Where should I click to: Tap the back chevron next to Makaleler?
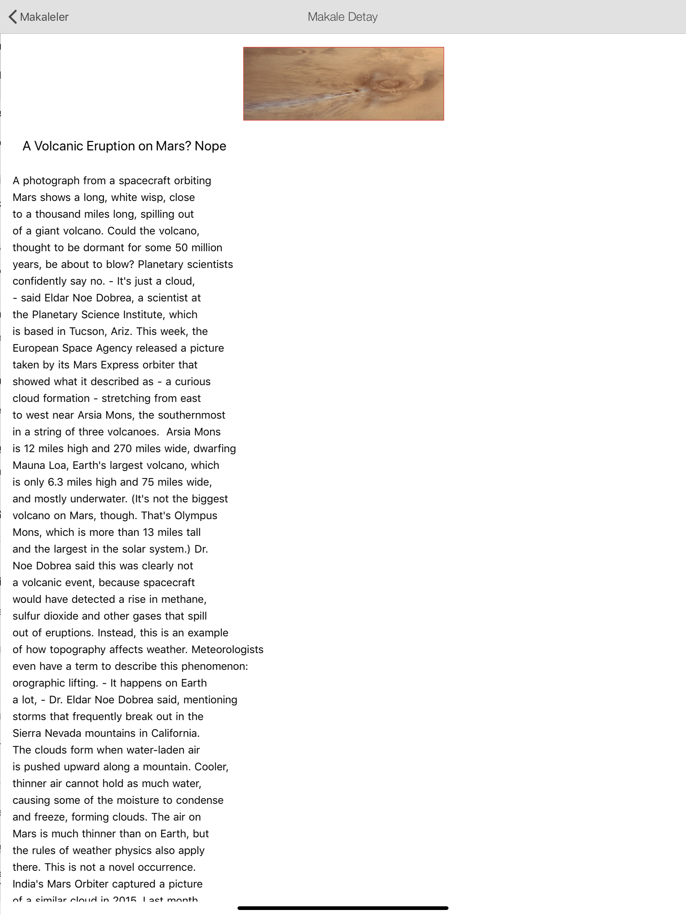point(13,17)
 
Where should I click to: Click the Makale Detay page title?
point(342,17)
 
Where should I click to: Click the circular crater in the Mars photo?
point(388,84)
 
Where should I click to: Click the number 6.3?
point(56,482)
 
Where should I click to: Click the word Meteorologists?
point(227,649)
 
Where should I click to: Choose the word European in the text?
point(36,348)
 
